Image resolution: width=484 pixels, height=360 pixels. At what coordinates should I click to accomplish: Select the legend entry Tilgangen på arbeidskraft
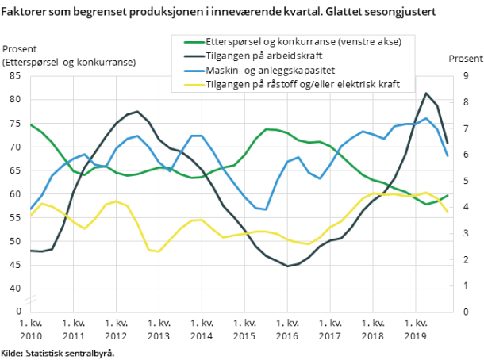[269, 56]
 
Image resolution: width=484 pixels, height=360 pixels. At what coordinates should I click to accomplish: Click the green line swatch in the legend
[192, 42]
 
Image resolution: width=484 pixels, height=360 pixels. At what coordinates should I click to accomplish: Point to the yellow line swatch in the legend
[192, 85]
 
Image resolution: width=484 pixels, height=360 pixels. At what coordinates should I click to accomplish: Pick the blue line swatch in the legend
[192, 71]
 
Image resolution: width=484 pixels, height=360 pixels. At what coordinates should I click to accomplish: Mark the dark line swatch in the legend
[192, 56]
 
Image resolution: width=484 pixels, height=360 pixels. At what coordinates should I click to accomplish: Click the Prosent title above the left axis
[20, 49]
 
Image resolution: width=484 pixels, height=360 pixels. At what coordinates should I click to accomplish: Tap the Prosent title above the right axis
[465, 59]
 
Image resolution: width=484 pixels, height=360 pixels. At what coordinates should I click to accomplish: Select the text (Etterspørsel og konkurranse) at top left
[68, 62]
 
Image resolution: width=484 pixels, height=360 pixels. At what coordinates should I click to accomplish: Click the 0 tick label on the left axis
[19, 312]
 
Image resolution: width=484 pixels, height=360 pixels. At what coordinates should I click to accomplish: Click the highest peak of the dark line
[426, 94]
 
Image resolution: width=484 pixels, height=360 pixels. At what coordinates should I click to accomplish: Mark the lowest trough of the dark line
[287, 266]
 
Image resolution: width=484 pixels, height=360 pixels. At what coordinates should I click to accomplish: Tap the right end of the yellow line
[448, 213]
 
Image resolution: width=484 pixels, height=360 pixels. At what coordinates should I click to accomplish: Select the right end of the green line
[448, 195]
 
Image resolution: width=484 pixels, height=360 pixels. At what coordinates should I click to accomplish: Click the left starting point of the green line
[30, 124]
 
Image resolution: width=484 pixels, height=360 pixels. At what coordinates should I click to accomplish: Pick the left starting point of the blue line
[30, 209]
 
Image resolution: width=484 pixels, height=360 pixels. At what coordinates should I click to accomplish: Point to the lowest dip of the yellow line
[159, 251]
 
